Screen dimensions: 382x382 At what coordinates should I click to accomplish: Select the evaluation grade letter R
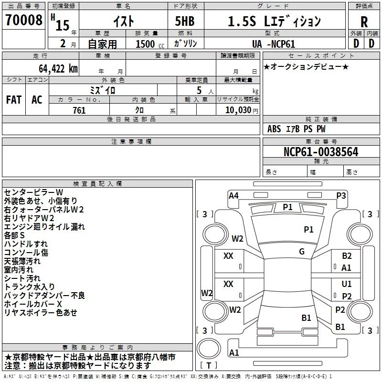(x=364, y=22)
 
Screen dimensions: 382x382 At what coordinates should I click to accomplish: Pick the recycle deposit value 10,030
(x=238, y=110)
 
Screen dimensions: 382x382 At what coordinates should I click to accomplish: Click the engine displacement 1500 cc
(x=149, y=44)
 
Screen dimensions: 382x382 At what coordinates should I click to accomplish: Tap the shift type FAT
(x=14, y=100)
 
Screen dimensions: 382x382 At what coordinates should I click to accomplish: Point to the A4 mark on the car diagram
(x=233, y=195)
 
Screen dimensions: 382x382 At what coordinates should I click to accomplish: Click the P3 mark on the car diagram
(x=341, y=195)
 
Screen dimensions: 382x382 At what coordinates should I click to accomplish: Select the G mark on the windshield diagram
(x=302, y=252)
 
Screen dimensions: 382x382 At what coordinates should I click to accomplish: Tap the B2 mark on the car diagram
(x=347, y=256)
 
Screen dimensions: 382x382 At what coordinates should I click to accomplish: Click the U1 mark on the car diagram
(x=347, y=284)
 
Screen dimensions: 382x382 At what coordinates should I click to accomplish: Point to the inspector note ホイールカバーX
(x=33, y=304)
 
